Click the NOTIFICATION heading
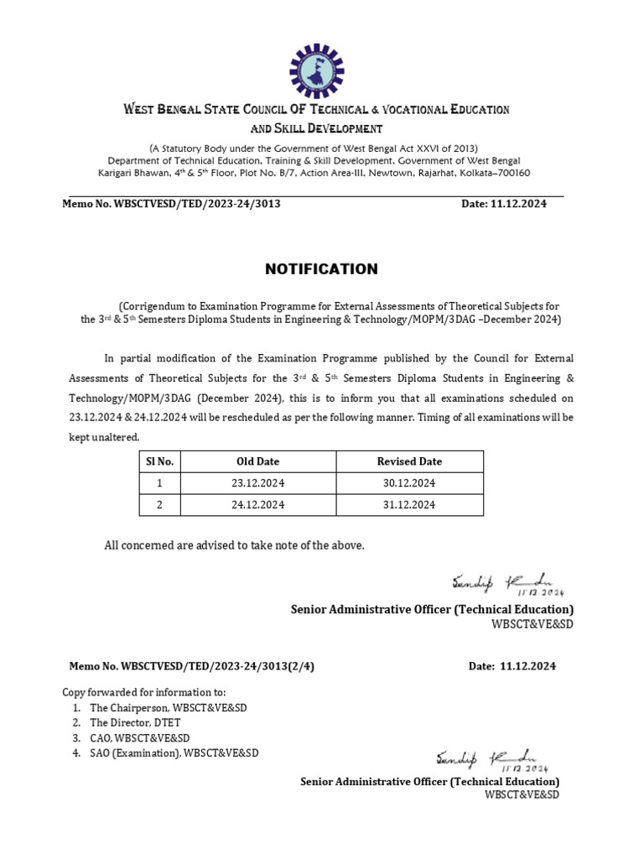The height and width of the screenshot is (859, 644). point(321,269)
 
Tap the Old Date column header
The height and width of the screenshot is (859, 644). point(258,461)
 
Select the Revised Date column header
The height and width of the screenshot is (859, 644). point(409,461)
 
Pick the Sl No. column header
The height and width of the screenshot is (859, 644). point(159,461)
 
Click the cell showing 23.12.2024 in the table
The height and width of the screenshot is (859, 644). point(258,483)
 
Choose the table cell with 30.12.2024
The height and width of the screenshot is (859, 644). point(409,483)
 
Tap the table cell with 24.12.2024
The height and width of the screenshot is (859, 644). point(258,505)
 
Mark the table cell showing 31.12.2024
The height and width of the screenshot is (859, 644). point(409,505)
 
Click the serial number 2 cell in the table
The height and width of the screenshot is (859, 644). point(159,505)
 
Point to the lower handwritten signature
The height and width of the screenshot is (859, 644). point(490,759)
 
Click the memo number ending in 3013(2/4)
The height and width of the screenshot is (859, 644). point(193,667)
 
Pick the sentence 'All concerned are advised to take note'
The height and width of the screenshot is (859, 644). point(235,545)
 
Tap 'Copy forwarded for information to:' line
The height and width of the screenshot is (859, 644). point(144,692)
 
